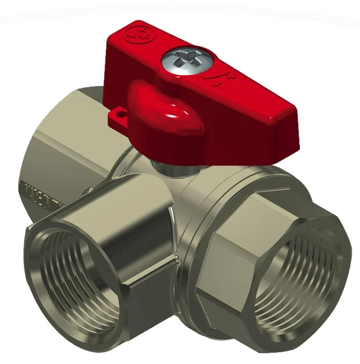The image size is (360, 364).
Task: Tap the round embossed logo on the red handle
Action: pyautogui.click(x=135, y=33)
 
